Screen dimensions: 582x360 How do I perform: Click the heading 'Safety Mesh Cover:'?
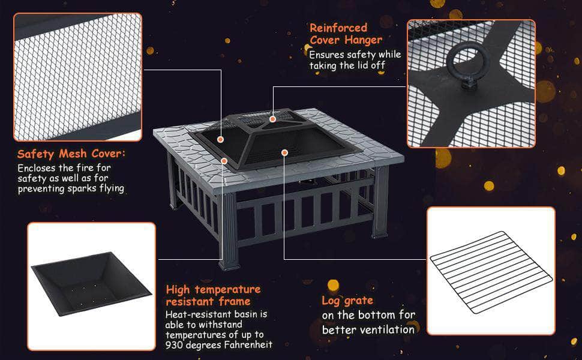(x=71, y=154)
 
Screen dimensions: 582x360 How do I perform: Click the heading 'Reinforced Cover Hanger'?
(x=346, y=34)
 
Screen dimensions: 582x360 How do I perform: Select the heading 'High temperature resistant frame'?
(x=213, y=295)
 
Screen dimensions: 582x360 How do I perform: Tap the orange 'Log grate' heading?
(x=347, y=301)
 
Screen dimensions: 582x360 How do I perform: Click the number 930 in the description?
(x=175, y=345)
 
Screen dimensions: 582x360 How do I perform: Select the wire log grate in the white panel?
(x=491, y=272)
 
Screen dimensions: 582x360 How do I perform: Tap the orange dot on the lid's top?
(x=273, y=119)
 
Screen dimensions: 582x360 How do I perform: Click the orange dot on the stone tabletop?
(x=224, y=161)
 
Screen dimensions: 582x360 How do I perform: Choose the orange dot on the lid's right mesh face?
(x=284, y=152)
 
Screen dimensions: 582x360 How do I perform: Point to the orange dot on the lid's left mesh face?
(x=220, y=140)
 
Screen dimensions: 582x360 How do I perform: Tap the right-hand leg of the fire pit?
(x=380, y=202)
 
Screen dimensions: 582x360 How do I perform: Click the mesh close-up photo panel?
(x=77, y=77)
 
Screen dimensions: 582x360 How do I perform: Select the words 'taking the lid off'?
(x=347, y=65)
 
